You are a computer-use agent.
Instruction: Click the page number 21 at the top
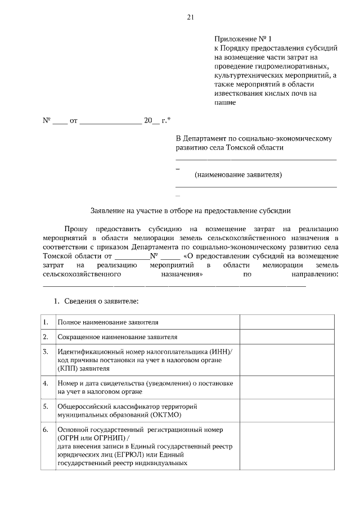[x=191, y=17]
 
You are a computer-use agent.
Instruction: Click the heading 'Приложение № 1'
[x=242, y=39]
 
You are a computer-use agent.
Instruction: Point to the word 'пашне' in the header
[x=224, y=102]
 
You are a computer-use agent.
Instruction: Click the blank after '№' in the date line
[x=60, y=121]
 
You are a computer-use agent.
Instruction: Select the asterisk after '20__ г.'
[x=169, y=120]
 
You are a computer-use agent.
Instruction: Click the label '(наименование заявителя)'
[x=238, y=175]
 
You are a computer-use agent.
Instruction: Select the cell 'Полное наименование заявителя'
[x=107, y=323]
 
